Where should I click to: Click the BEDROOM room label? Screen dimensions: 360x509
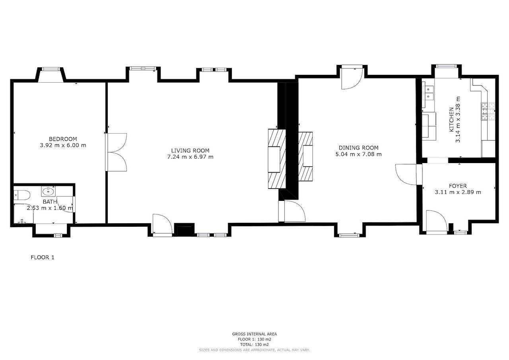point(62,139)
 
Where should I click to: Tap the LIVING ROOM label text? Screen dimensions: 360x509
point(190,150)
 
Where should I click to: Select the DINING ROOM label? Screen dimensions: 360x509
point(358,148)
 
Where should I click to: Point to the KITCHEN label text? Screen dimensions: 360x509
point(451,119)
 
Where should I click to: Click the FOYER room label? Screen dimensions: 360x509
point(458,186)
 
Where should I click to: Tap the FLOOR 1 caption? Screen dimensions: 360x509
point(43,257)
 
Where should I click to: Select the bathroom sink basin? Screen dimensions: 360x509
point(49,192)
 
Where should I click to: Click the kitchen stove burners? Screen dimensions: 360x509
point(488,112)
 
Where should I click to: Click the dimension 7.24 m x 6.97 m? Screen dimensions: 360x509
point(190,157)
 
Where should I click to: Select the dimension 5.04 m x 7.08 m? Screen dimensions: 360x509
point(358,154)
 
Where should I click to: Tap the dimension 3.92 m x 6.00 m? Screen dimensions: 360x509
point(62,145)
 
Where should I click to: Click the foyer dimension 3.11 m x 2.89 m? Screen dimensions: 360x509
point(458,192)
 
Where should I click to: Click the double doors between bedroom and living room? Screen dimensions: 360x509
point(116,152)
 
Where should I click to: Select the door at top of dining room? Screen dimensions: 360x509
point(352,78)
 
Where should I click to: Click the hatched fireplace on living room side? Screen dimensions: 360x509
point(277,158)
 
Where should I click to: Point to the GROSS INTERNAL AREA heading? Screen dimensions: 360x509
point(254,334)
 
